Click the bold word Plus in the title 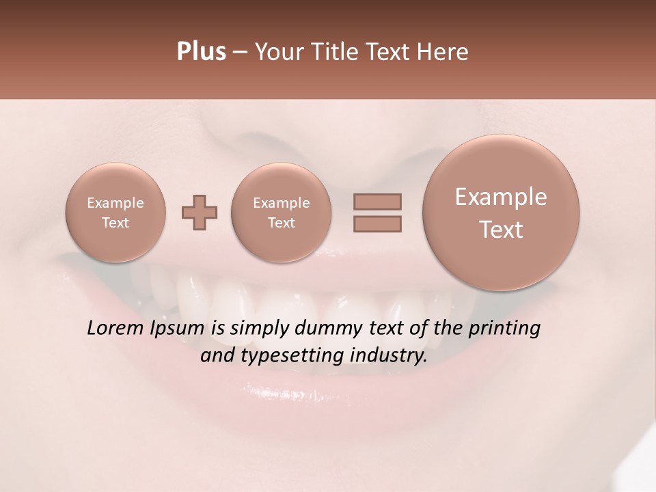click(202, 52)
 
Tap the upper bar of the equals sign click(377, 202)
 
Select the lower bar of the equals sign click(377, 223)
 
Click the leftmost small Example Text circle click(115, 212)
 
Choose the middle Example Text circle click(282, 212)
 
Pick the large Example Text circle click(501, 213)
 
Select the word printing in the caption click(504, 329)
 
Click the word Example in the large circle click(501, 197)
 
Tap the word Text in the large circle click(501, 230)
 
